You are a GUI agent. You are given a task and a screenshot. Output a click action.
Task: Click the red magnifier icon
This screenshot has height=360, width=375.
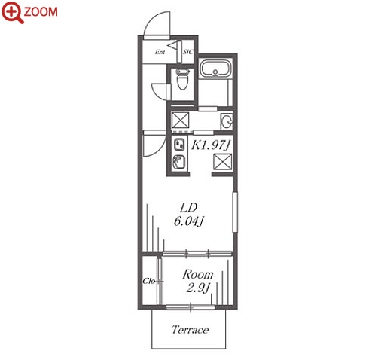tap(12, 13)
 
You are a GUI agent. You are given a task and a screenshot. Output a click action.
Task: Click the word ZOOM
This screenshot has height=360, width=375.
tap(41, 12)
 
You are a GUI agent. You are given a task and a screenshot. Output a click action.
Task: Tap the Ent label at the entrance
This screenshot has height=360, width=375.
tap(160, 52)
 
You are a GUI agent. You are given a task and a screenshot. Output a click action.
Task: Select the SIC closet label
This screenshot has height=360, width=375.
tap(187, 52)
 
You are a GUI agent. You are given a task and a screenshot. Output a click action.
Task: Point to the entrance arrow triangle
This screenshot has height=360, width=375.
tap(172, 45)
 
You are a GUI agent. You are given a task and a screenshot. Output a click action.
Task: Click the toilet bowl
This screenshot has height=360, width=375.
tap(182, 80)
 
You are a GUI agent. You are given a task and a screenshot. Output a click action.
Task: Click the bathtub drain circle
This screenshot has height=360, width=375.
tap(215, 72)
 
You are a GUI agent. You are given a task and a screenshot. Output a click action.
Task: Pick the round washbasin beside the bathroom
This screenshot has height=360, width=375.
tap(227, 122)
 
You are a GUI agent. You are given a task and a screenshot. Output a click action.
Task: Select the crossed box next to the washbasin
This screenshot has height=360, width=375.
tap(180, 121)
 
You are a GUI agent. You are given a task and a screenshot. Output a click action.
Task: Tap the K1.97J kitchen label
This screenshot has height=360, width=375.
tap(211, 145)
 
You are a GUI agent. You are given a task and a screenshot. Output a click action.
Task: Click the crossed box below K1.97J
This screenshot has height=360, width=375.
tap(223, 162)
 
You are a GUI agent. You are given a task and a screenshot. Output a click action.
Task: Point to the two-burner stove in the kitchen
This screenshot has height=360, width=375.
tap(179, 145)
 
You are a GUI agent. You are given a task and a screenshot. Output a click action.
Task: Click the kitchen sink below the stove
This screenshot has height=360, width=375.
tap(179, 162)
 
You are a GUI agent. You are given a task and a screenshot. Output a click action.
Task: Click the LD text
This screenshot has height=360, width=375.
tap(189, 208)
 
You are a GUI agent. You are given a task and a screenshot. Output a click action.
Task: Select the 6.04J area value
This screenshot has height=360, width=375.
tap(188, 221)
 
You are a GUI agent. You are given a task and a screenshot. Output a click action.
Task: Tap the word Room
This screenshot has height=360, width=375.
tap(198, 274)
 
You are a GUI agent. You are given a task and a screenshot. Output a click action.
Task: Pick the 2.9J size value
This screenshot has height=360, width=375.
tap(198, 288)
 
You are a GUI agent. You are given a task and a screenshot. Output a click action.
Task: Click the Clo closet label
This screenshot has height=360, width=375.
tap(148, 281)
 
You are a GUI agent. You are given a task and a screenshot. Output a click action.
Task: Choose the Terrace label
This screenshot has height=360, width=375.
tap(190, 330)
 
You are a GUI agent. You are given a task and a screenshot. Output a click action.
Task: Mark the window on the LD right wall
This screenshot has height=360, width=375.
tap(235, 212)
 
